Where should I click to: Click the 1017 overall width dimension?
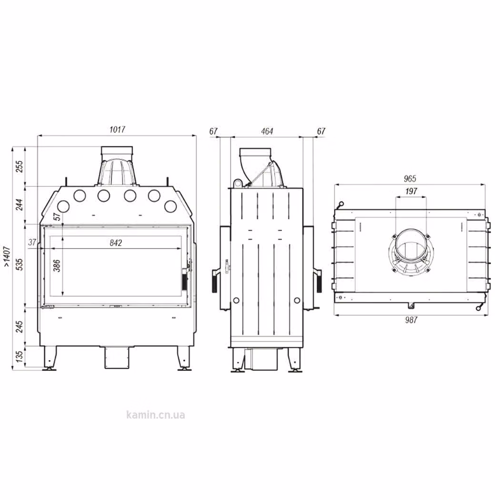click(x=117, y=130)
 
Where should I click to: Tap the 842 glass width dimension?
click(x=116, y=243)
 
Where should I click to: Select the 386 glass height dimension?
click(x=57, y=265)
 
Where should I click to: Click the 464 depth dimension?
click(x=267, y=131)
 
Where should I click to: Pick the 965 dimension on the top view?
click(x=410, y=179)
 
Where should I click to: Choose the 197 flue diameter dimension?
click(x=411, y=191)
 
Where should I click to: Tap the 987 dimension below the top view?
click(x=411, y=320)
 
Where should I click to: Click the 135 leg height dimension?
click(x=20, y=357)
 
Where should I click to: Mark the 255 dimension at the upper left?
click(x=20, y=167)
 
